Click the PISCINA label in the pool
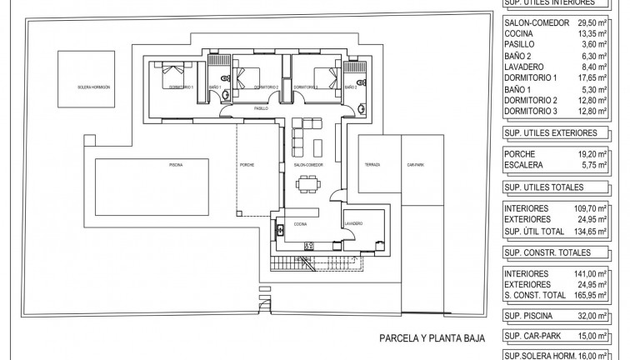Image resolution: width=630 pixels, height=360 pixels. [x=176, y=165]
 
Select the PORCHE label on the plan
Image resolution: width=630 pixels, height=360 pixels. [x=247, y=165]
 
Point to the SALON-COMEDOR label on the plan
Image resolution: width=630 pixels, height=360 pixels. [x=308, y=165]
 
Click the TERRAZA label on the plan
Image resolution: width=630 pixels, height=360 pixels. [x=372, y=165]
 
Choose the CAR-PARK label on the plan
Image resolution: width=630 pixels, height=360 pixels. [x=414, y=165]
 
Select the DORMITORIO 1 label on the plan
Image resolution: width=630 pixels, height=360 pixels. [x=181, y=87]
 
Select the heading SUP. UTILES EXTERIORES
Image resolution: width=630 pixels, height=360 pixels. [x=552, y=132]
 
